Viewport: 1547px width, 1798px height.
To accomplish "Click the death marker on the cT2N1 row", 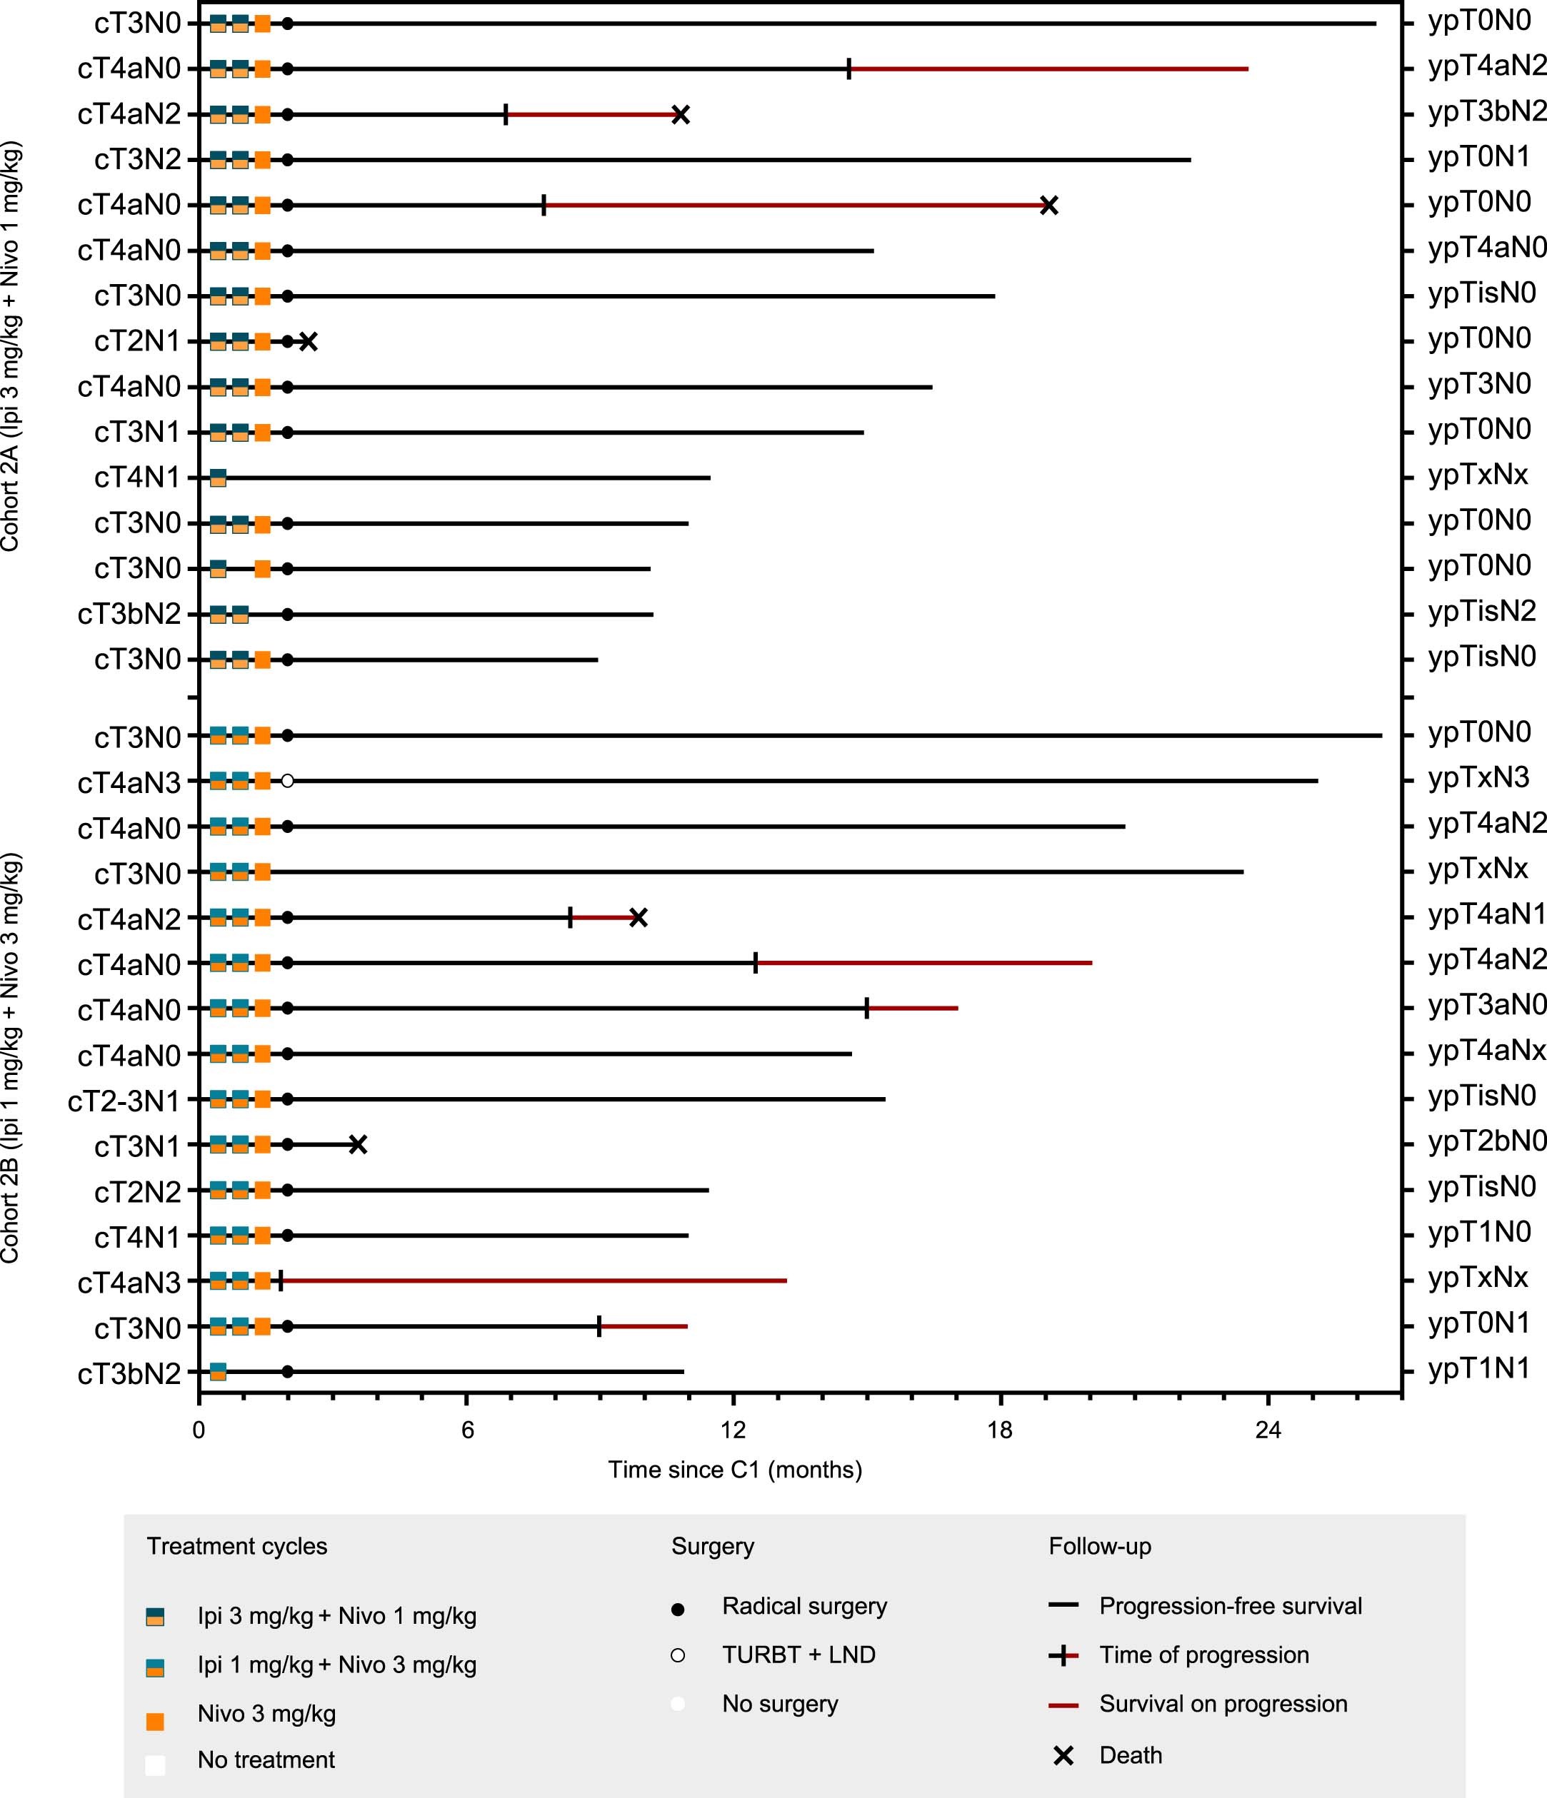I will tap(308, 342).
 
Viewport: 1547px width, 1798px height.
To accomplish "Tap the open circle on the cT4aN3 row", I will tap(287, 781).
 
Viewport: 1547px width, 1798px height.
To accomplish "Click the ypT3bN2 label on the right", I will tap(1486, 112).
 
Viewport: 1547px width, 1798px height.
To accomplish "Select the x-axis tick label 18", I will tap(1000, 1430).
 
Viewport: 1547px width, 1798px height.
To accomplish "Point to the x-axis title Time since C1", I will tap(734, 1470).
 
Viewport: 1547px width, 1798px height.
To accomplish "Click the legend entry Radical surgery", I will tap(804, 1606).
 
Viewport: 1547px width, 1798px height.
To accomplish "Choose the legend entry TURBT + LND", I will tap(798, 1655).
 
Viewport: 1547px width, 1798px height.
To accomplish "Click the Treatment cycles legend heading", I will tap(237, 1546).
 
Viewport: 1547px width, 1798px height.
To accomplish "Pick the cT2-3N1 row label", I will tap(124, 1101).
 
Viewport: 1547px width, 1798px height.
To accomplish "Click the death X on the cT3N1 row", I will tap(358, 1145).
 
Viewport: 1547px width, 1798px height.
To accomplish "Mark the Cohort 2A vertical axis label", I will tap(11, 347).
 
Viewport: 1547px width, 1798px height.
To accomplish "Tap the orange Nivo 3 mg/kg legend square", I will tap(156, 1722).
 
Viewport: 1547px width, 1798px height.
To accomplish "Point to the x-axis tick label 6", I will tap(467, 1430).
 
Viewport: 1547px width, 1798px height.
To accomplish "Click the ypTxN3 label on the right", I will tap(1478, 777).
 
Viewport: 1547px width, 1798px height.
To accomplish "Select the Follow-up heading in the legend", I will tap(1099, 1546).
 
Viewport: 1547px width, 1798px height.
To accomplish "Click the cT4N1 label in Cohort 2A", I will tap(137, 478).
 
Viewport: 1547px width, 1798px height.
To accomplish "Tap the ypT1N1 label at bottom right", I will tap(1478, 1368).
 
